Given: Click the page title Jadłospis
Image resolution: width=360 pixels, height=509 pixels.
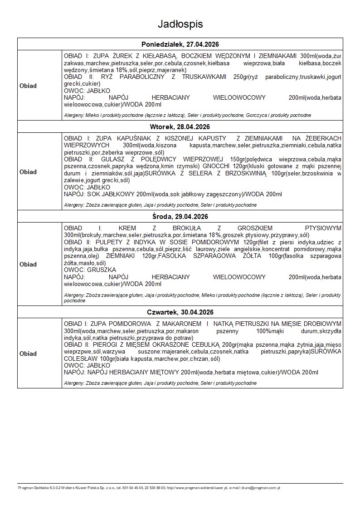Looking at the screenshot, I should coord(180,24).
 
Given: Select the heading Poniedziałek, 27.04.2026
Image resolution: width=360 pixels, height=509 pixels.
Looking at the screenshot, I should coord(180,44).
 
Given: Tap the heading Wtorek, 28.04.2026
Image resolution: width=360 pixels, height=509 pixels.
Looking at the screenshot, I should coord(180,126).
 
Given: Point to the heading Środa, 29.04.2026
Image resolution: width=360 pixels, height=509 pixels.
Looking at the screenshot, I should coord(180,216).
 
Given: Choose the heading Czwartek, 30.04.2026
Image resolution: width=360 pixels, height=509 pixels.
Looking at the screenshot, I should coord(180,312).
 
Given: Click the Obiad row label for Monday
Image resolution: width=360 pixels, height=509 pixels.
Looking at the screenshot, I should coord(28,86).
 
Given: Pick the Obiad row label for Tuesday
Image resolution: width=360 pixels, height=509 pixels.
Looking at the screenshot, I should coord(28,172).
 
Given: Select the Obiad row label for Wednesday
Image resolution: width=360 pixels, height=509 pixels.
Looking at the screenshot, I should coord(28,264).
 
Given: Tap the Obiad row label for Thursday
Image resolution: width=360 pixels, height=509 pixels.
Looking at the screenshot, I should coord(28,354).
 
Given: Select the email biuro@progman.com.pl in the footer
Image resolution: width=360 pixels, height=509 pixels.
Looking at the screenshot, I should coord(265,488).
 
